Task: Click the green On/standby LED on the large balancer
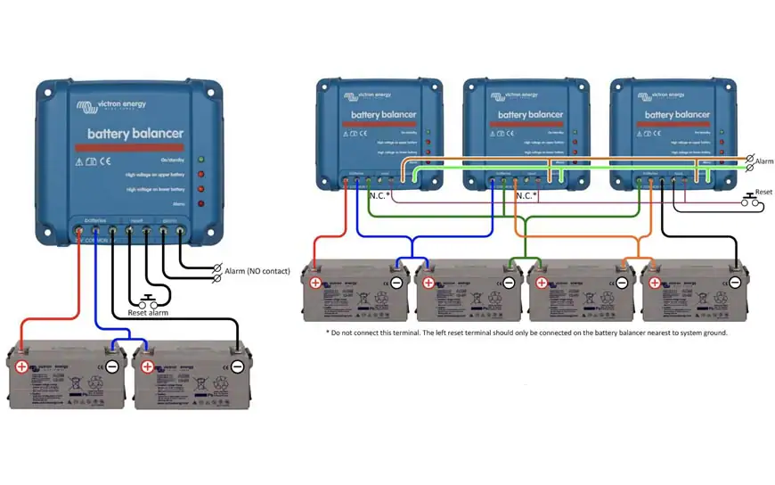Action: pyautogui.click(x=201, y=159)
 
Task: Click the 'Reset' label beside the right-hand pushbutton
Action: pyautogui.click(x=763, y=192)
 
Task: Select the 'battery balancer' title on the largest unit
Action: pyautogui.click(x=135, y=134)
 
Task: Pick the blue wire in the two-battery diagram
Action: pyautogui.click(x=95, y=285)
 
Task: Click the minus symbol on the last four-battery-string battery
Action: pyautogui.click(x=735, y=283)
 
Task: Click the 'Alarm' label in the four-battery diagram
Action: pyautogui.click(x=763, y=162)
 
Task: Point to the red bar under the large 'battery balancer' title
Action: pyautogui.click(x=135, y=147)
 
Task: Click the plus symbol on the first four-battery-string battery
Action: pyautogui.click(x=315, y=283)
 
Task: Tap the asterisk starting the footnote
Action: pyautogui.click(x=329, y=333)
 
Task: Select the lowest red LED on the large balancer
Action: pyautogui.click(x=201, y=204)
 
